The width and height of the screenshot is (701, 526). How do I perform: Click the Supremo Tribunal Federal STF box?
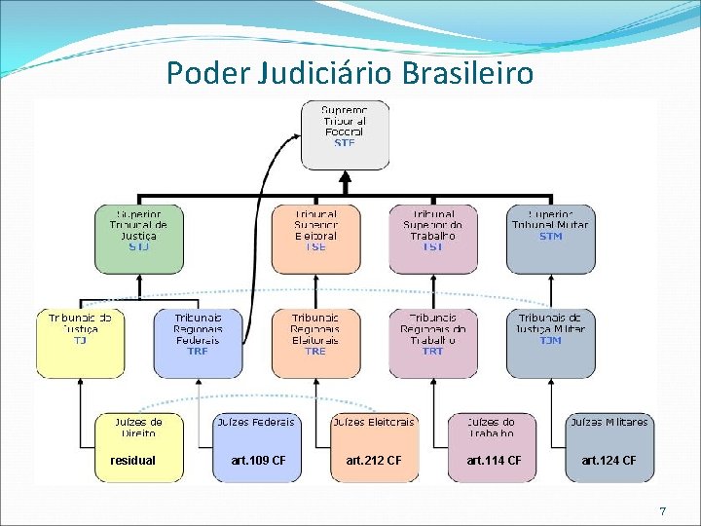[345, 134]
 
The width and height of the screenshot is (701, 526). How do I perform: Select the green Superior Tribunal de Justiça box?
[139, 238]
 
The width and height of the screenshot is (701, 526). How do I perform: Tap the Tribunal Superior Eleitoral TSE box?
[315, 238]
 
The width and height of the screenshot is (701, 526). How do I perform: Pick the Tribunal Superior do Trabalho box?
[432, 238]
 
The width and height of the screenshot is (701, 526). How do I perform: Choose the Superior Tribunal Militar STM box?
[550, 238]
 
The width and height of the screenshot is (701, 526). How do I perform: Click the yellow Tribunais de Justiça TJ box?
[80, 343]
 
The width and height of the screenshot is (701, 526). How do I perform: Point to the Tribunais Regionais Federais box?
[198, 343]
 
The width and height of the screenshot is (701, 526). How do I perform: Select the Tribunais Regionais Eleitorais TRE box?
[315, 343]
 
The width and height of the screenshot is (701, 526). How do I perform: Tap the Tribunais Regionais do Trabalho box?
[432, 343]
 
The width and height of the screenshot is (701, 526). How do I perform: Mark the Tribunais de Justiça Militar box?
[550, 343]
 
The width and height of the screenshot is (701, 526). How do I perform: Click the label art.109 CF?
[259, 460]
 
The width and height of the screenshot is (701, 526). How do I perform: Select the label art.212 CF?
[374, 460]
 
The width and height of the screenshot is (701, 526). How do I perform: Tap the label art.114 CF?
[494, 460]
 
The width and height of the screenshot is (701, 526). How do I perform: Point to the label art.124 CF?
[609, 460]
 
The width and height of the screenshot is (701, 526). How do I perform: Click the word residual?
[132, 460]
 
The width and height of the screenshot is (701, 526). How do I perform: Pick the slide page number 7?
[662, 511]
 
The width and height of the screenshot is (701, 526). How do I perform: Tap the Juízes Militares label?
[609, 422]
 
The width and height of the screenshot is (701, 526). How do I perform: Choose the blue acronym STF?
[345, 143]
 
